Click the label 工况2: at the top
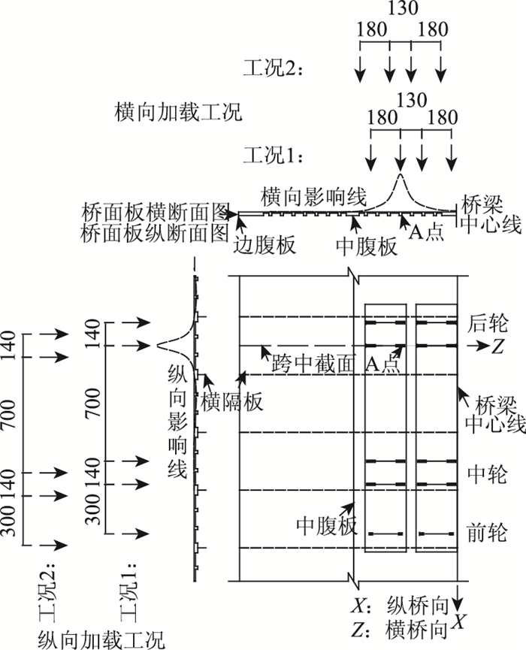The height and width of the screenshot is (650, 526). pos(272,70)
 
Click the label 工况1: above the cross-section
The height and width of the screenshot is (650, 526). pos(272,156)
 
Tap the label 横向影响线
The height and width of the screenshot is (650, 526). pos(313,198)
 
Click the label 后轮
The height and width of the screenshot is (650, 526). pos(487,324)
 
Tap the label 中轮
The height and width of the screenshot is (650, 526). pos(487,474)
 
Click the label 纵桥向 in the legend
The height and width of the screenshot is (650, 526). pos(417,605)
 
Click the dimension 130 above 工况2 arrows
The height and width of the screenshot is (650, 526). pos(400,9)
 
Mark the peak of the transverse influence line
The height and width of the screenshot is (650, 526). pos(401,175)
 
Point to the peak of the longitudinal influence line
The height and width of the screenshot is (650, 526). pos(159,346)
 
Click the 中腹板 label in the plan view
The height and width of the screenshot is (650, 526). pos(326,525)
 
